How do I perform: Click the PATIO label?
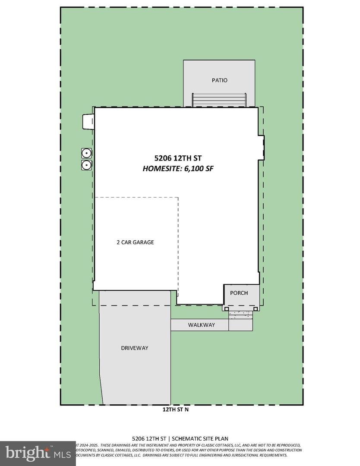(219, 80)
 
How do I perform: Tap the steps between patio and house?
(219, 100)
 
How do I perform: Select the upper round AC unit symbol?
(86, 153)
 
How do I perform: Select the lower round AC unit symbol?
(86, 164)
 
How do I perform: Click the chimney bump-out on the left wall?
(88, 121)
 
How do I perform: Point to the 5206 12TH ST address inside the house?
(178, 158)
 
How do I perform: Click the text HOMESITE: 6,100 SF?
(178, 169)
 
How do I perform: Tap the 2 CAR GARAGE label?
(135, 242)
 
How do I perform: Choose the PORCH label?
(239, 293)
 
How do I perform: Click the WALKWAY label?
(201, 325)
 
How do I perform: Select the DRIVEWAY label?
(135, 348)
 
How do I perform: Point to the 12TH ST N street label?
(173, 410)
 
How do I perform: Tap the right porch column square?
(256, 308)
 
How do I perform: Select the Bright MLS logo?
(37, 453)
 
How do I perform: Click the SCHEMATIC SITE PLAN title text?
(203, 439)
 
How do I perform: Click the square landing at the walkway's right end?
(240, 325)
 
